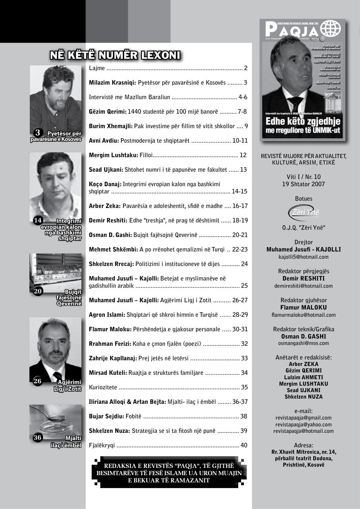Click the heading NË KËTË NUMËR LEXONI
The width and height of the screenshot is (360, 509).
[115, 55]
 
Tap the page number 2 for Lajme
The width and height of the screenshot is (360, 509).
[246, 68]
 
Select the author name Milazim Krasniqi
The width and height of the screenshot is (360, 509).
[112, 83]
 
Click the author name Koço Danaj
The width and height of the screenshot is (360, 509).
[105, 184]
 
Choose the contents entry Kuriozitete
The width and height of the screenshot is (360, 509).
[103, 387]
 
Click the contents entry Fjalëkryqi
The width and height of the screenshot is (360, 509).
[102, 445]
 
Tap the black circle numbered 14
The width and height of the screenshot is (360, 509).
[38, 220]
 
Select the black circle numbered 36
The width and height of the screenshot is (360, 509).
[38, 438]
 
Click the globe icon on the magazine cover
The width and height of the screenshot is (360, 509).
[330, 29]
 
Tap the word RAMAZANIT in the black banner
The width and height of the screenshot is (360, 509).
[189, 480]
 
